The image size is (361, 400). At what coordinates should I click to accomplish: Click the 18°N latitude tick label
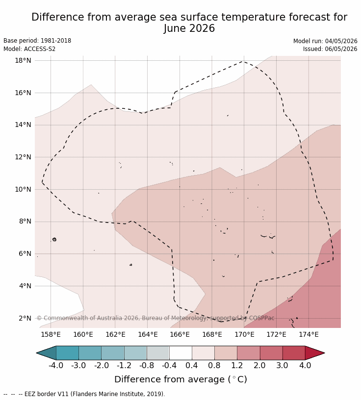point(23,60)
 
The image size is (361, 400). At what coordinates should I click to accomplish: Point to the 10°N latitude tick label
point(23,189)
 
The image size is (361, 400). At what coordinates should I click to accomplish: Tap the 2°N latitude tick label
point(25,318)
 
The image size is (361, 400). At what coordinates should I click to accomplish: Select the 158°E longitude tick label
point(51,334)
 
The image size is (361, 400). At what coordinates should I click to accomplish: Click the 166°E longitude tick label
point(180,334)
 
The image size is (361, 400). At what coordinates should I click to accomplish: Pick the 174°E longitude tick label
point(309,334)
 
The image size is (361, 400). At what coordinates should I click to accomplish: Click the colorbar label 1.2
point(237,365)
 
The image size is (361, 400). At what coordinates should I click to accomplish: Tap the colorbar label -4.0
point(56,365)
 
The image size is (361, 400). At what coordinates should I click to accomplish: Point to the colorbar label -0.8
point(147,365)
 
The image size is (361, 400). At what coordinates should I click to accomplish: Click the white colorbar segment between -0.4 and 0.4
point(180,353)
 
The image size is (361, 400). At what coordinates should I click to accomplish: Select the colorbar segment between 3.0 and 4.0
point(294,353)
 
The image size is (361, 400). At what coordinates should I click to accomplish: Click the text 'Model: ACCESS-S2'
point(29,49)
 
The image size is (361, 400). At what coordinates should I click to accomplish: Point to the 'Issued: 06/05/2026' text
point(330,49)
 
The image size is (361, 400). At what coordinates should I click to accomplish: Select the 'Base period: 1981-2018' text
point(37,41)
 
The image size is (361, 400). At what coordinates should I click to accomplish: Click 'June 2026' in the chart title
point(189,28)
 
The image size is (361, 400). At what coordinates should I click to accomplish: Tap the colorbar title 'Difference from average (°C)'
point(180,379)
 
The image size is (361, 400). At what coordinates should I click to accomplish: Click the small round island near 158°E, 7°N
point(54,239)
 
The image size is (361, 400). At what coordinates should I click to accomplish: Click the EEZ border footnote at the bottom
point(84,394)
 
